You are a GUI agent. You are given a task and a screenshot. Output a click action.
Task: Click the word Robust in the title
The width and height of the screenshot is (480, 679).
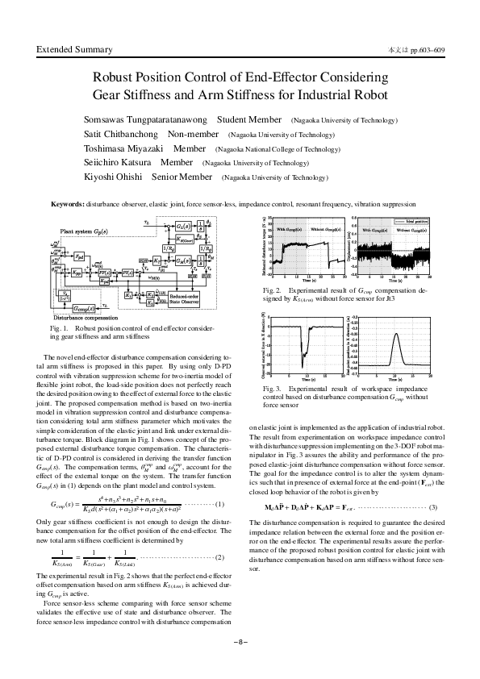pos(115,79)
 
